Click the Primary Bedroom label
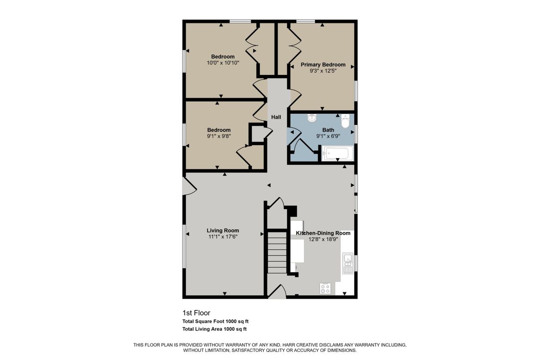click(323, 64)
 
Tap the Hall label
click(276, 117)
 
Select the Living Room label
click(223, 231)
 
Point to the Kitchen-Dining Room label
click(323, 233)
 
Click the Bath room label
click(328, 130)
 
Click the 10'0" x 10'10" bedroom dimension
click(223, 63)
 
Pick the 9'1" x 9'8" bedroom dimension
click(219, 136)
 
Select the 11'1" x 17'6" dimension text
click(223, 237)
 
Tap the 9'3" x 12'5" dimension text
click(323, 71)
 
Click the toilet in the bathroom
click(345, 121)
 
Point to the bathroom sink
click(312, 118)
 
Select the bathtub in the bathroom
click(338, 153)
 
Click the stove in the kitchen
click(325, 288)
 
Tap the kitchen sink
click(347, 263)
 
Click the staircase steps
click(277, 253)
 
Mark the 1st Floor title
click(196, 313)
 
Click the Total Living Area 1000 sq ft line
click(214, 329)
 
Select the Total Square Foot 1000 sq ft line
click(215, 321)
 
